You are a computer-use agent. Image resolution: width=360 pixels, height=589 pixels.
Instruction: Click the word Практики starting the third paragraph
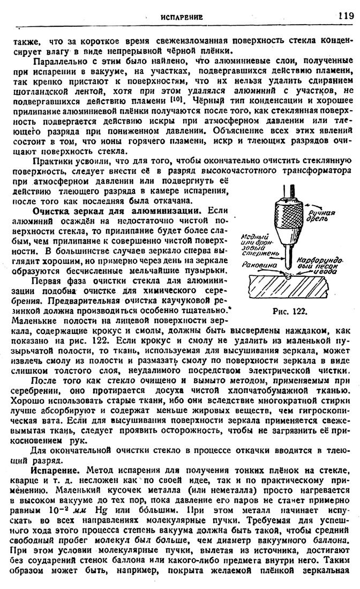(54, 160)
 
